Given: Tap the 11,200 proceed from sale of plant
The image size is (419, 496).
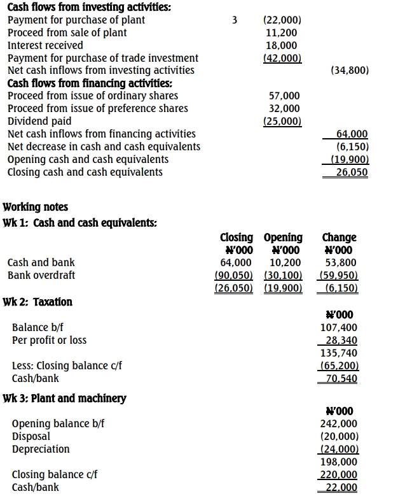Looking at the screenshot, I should tap(283, 32).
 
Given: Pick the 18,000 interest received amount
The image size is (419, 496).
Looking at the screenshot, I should tap(283, 45).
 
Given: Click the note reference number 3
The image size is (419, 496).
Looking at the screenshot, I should tap(235, 20).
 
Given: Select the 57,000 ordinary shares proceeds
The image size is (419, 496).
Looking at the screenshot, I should tap(284, 96).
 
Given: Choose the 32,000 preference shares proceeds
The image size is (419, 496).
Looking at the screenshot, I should tap(284, 108).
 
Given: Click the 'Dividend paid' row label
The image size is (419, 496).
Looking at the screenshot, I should tap(39, 121).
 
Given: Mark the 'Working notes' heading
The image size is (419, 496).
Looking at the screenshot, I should tap(36, 207).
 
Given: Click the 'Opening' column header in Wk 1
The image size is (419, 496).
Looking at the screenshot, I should tap(283, 237).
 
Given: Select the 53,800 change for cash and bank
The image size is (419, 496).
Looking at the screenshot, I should tap(341, 262).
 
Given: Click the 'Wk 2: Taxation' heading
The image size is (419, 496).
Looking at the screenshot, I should tap(38, 302).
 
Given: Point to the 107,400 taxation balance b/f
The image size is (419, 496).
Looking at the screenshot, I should tap(340, 327).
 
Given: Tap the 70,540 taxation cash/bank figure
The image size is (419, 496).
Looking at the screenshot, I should tap(340, 378).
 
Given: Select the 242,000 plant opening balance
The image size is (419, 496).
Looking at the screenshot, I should tap(340, 423).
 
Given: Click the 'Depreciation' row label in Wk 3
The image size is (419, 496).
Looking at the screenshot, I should tap(41, 449).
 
